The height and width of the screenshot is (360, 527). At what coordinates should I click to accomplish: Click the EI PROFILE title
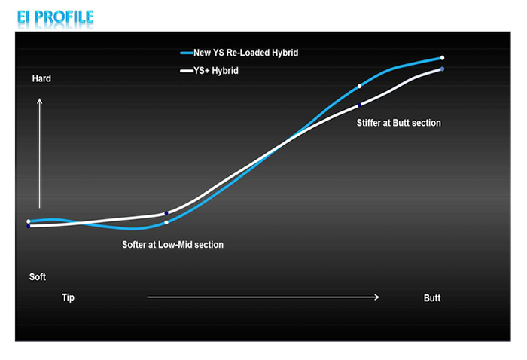click(56, 17)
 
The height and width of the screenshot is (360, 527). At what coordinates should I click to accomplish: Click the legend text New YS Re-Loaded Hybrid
click(245, 53)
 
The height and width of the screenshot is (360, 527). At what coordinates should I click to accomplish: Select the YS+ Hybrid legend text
click(216, 71)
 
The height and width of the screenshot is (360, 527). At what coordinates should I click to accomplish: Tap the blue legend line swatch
click(187, 53)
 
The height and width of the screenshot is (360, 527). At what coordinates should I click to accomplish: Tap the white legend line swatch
click(187, 71)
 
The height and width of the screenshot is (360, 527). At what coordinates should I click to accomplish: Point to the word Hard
click(41, 78)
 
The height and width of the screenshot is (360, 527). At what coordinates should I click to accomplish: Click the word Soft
click(38, 277)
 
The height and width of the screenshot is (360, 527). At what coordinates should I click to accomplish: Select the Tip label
click(68, 297)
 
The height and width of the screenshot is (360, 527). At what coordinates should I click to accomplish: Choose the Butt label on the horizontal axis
click(432, 298)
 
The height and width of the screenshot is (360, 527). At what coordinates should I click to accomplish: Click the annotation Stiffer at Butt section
click(398, 123)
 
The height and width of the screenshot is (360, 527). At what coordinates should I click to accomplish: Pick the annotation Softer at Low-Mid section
click(172, 245)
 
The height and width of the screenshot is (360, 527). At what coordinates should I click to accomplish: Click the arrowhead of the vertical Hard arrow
click(40, 100)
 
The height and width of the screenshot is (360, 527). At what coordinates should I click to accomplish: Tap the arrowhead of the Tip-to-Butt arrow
click(377, 297)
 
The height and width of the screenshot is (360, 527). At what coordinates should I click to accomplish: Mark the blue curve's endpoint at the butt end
click(443, 58)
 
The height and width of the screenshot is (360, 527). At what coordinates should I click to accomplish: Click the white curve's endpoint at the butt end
click(443, 69)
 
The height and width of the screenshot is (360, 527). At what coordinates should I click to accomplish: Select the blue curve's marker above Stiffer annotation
click(359, 87)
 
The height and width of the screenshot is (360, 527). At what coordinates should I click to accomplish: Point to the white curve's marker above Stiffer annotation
click(359, 105)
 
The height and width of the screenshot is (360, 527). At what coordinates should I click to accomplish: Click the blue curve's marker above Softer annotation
click(166, 222)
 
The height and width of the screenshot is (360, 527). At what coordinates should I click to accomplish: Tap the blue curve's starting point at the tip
click(29, 221)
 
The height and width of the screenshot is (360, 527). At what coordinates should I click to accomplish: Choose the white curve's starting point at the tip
click(29, 226)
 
